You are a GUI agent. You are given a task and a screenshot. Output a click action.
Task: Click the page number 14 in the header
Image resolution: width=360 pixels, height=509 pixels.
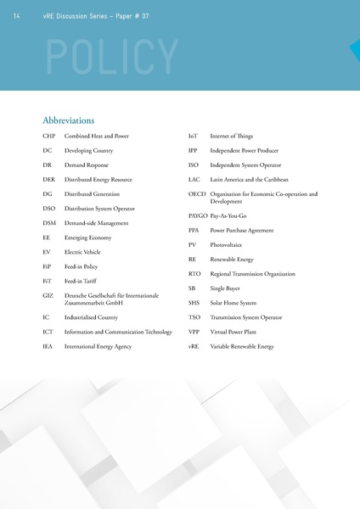coord(18,16)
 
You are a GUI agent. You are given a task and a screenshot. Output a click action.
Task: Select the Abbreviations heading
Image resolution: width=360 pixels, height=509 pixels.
coord(68,120)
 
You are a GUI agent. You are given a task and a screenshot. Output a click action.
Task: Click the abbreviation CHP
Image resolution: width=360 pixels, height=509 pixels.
coord(49,136)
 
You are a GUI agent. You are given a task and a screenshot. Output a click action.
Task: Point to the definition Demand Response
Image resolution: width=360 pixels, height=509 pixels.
coord(87,165)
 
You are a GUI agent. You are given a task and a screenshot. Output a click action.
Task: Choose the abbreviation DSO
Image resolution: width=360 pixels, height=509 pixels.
coord(49,208)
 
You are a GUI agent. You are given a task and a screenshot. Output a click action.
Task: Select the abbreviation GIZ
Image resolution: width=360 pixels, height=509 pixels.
coord(48,295)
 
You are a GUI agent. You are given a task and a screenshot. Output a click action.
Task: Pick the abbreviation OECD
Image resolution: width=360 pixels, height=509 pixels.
coord(198,194)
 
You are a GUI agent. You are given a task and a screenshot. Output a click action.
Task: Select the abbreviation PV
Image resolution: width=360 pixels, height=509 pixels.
coord(193,245)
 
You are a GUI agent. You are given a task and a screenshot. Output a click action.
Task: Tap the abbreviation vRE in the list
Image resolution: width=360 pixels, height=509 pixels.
coord(194,346)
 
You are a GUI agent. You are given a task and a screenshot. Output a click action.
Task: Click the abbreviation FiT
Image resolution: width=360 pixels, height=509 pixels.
coord(48,281)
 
